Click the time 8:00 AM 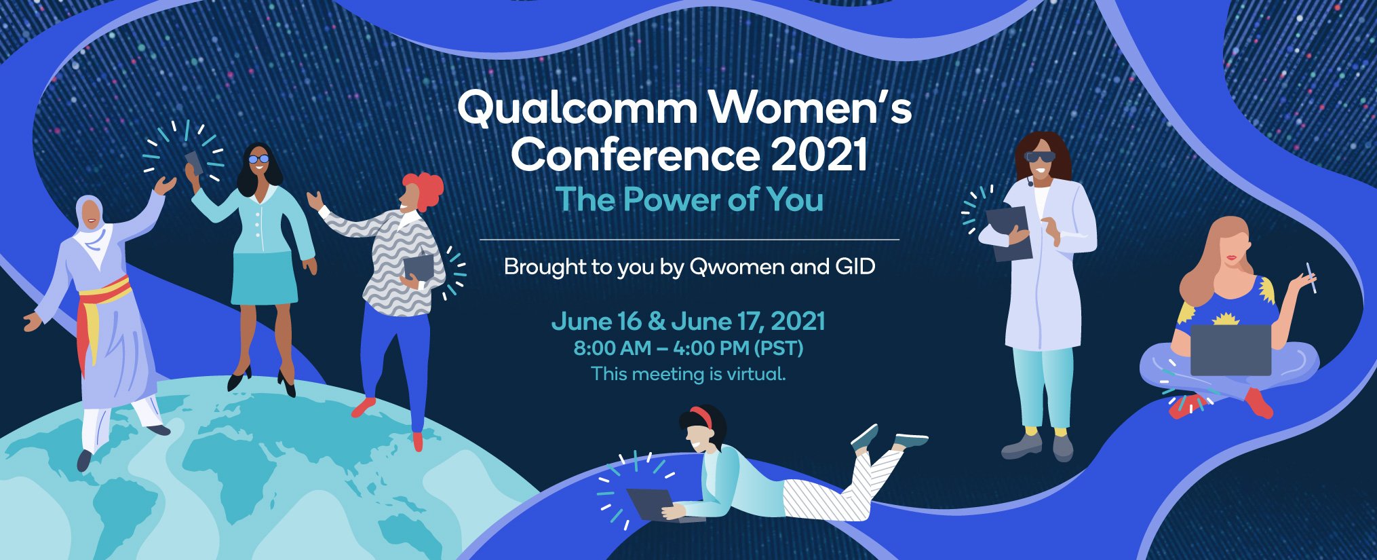point(612,349)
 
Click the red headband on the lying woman point(703,415)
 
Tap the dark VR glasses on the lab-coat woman point(1041,157)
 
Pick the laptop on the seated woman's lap point(1230,349)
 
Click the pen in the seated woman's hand point(1311,277)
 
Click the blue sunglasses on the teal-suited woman point(258,159)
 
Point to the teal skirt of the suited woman point(264,278)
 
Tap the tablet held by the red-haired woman point(418,266)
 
